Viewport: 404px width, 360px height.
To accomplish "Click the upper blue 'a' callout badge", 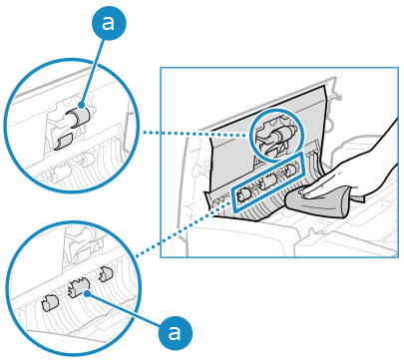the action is pyautogui.click(x=109, y=23).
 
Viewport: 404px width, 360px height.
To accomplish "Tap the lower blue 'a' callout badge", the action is pyautogui.click(x=176, y=333).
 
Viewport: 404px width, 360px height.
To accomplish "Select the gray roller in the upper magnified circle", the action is pyautogui.click(x=80, y=117).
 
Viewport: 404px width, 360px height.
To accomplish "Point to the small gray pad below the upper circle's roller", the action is pyautogui.click(x=64, y=142).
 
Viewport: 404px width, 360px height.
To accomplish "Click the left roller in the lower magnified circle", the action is pyautogui.click(x=50, y=303).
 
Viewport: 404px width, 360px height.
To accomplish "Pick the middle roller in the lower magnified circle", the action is pyautogui.click(x=79, y=287).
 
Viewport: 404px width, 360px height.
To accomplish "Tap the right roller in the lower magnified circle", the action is pyautogui.click(x=107, y=273).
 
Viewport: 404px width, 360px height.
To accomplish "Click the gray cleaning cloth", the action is pyautogui.click(x=316, y=202).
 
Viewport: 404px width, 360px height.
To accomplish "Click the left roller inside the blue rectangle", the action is pyautogui.click(x=243, y=195).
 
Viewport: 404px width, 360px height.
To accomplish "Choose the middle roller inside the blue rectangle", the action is pyautogui.click(x=268, y=181).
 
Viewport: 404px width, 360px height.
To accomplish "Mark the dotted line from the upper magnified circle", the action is pyautogui.click(x=197, y=134).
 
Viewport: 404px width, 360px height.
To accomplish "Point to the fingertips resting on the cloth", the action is pyautogui.click(x=303, y=190).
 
